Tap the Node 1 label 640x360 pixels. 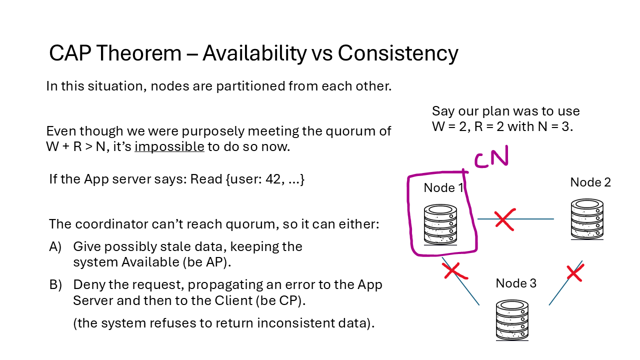coord(443,188)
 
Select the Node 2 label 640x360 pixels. coord(590,182)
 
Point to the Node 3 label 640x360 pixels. coord(516,283)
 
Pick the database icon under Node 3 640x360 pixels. coord(512,320)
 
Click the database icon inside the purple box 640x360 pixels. coord(440,224)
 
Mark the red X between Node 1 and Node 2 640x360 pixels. coord(504,219)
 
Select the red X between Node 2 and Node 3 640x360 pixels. coord(574,273)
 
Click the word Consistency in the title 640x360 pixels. coord(398,53)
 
